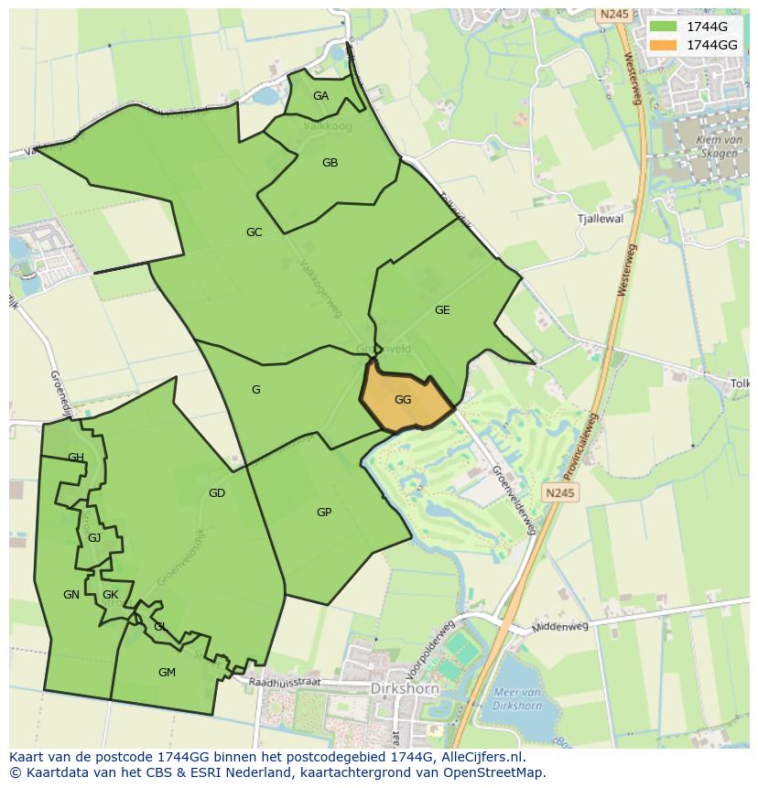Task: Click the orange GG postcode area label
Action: pyautogui.click(x=403, y=400)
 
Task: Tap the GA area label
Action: pyautogui.click(x=320, y=96)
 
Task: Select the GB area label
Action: pyautogui.click(x=330, y=163)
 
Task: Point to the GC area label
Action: pyautogui.click(x=254, y=232)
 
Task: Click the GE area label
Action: pyautogui.click(x=442, y=310)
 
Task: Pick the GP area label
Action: pyautogui.click(x=323, y=513)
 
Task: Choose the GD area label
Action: pyautogui.click(x=216, y=493)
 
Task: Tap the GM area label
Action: pyautogui.click(x=167, y=673)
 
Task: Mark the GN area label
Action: pyautogui.click(x=70, y=595)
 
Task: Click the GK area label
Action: pyautogui.click(x=110, y=595)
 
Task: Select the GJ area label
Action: pyautogui.click(x=94, y=538)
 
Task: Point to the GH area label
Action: pyautogui.click(x=76, y=458)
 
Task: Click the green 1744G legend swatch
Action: pyautogui.click(x=662, y=27)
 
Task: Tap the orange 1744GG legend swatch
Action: pyautogui.click(x=662, y=45)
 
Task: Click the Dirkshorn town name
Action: pyautogui.click(x=406, y=688)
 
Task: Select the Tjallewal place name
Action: pyautogui.click(x=601, y=219)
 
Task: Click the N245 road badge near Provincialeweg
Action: pyautogui.click(x=560, y=493)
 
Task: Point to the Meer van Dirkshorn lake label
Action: pyautogui.click(x=517, y=699)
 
